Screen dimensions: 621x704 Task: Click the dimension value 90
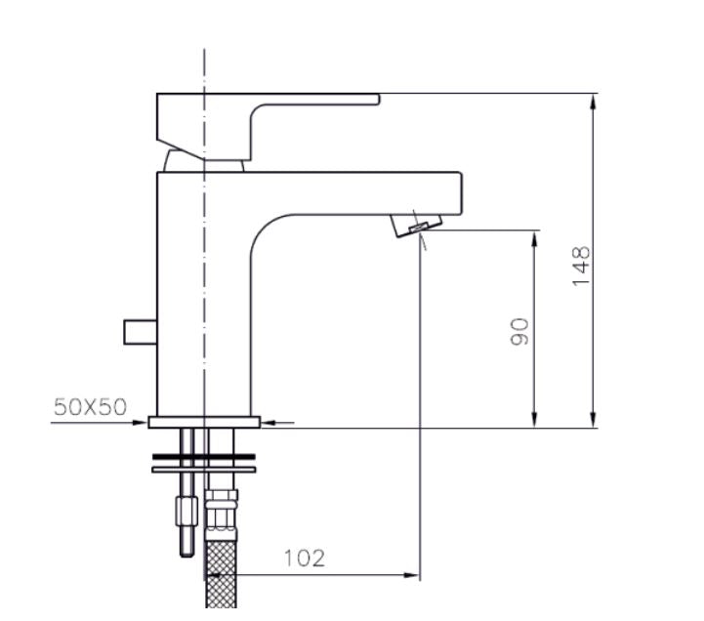point(520,331)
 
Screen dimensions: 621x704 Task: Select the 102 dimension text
point(305,559)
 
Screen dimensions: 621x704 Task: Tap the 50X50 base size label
point(90,407)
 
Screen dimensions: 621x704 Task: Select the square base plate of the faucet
point(204,422)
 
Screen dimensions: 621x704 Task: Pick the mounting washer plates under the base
point(204,462)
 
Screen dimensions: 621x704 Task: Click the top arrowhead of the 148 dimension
point(594,101)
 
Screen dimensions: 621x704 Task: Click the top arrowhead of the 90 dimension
point(535,237)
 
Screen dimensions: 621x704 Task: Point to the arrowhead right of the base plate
point(269,422)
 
